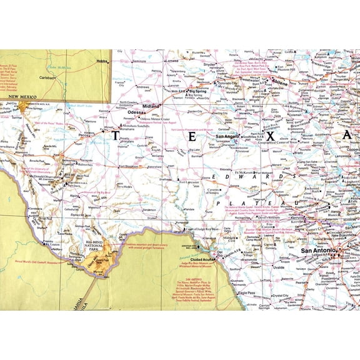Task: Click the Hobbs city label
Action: click(x=102, y=61)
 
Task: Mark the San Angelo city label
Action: click(x=227, y=136)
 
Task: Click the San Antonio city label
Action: click(x=319, y=251)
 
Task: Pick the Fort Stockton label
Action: click(x=131, y=167)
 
